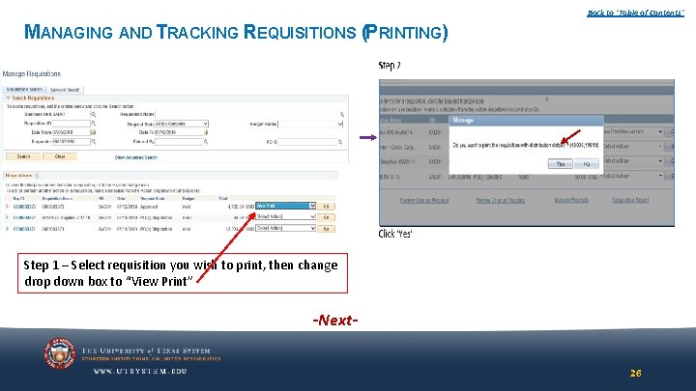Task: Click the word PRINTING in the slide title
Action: (x=405, y=33)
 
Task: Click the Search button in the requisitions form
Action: (x=23, y=156)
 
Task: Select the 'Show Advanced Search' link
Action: (x=135, y=156)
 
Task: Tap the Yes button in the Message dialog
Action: (x=560, y=164)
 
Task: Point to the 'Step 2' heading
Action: (x=390, y=66)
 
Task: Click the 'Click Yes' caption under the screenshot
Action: (x=395, y=234)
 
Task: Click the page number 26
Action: (x=635, y=373)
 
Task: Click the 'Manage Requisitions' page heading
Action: (x=31, y=73)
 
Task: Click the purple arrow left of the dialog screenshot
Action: (x=368, y=138)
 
